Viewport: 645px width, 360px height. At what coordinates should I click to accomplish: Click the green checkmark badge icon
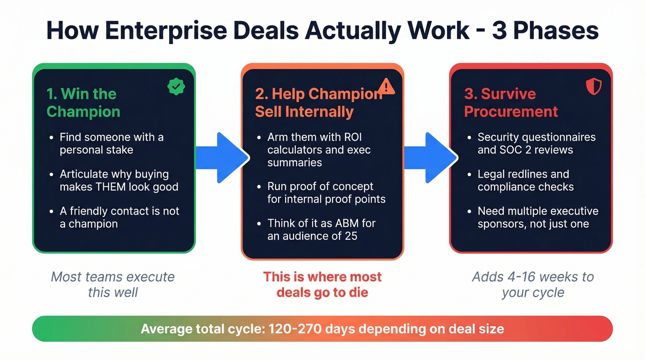[176, 87]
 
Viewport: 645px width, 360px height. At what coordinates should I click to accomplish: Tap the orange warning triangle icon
[386, 86]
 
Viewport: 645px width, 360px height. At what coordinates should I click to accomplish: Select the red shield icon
[593, 86]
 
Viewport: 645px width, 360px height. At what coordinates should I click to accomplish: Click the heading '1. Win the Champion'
[83, 103]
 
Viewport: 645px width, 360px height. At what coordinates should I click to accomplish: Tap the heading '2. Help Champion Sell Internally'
[318, 103]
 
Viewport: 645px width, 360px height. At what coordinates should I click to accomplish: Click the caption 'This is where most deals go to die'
[322, 284]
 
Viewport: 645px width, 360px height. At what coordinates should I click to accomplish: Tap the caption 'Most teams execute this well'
[113, 284]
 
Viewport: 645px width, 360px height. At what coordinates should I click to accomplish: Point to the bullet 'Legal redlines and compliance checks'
[525, 180]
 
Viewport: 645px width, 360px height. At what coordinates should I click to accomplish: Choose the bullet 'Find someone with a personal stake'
[111, 143]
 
